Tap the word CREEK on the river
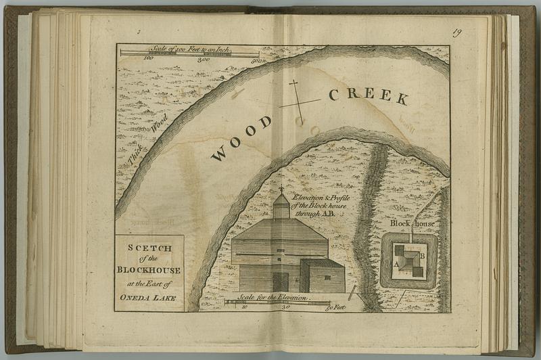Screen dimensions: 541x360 (x=369, y=95)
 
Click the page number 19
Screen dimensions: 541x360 (x=457, y=32)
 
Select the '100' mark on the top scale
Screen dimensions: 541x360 (x=149, y=59)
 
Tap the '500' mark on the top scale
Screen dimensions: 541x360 (x=255, y=60)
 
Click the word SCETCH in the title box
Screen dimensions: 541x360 (x=150, y=248)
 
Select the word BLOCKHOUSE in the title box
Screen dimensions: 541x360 (x=149, y=271)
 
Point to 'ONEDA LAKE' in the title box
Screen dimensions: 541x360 (x=149, y=297)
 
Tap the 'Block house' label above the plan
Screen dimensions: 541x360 (x=412, y=223)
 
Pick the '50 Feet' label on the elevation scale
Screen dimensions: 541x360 (x=335, y=307)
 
